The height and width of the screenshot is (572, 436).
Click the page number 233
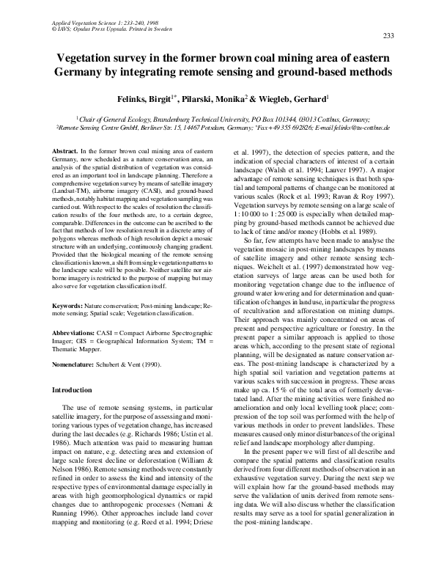pos(389,36)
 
